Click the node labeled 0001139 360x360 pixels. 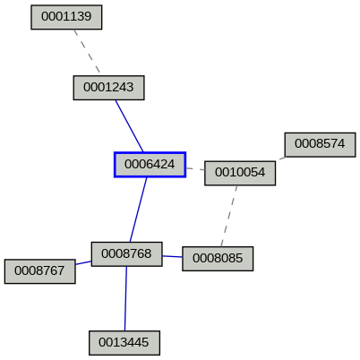click(x=66, y=17)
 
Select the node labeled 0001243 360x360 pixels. click(x=108, y=87)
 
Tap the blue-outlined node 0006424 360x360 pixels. click(x=150, y=165)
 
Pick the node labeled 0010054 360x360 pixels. click(x=239, y=173)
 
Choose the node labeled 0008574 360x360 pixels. click(x=320, y=143)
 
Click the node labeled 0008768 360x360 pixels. click(x=126, y=253)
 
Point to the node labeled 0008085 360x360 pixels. click(x=218, y=259)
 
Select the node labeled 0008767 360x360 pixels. click(x=39, y=270)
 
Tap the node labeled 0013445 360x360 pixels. click(x=124, y=342)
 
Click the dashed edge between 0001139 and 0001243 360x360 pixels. click(x=87, y=52)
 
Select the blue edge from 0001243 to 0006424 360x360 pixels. click(x=129, y=125)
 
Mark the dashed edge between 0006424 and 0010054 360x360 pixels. click(x=195, y=168)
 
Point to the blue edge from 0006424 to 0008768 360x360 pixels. click(x=138, y=209)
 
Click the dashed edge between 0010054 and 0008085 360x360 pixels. click(x=229, y=216)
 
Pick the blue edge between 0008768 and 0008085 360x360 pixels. click(x=172, y=256)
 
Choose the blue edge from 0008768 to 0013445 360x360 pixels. click(x=125, y=298)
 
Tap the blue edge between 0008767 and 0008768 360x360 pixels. click(x=83, y=262)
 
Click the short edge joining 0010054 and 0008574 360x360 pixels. click(x=281, y=159)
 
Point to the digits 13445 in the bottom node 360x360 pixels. click(x=129, y=342)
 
